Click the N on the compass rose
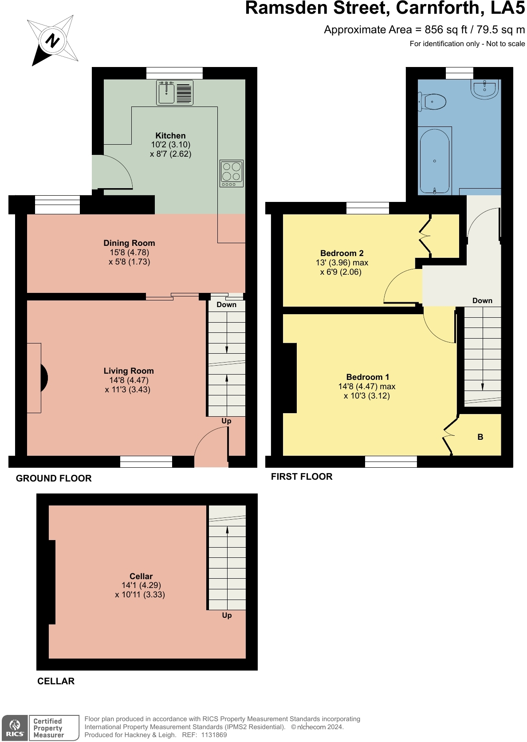coord(52,41)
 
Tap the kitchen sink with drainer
coord(175,92)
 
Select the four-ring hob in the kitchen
coord(232,173)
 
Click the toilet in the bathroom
coord(432,101)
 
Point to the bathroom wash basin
coord(484,88)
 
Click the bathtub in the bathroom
coord(435,161)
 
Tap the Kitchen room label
coord(170,135)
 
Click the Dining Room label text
coord(129,243)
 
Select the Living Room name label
coord(129,371)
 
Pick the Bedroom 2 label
coord(342,253)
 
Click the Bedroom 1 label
coord(367,377)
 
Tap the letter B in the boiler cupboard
coord(480,437)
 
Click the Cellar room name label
coord(141,576)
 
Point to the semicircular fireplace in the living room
coord(44,378)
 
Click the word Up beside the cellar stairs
coord(227,615)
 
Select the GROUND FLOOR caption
coord(54,478)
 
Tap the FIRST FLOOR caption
coord(302,477)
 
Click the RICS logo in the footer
coord(15,727)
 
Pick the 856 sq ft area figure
coord(446,30)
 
